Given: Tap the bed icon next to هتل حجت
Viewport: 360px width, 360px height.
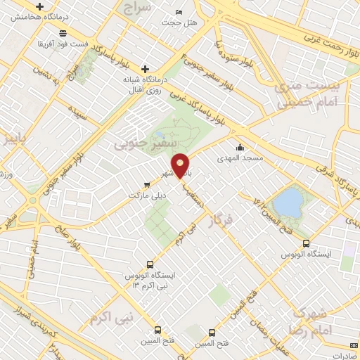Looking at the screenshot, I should [x=179, y=13].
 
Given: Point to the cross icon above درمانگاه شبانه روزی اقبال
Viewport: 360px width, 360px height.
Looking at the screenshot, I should [x=146, y=69].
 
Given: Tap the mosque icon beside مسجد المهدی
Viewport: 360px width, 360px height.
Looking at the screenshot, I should [x=241, y=147].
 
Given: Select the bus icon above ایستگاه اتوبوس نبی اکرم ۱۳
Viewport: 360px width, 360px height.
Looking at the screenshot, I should [x=148, y=263].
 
